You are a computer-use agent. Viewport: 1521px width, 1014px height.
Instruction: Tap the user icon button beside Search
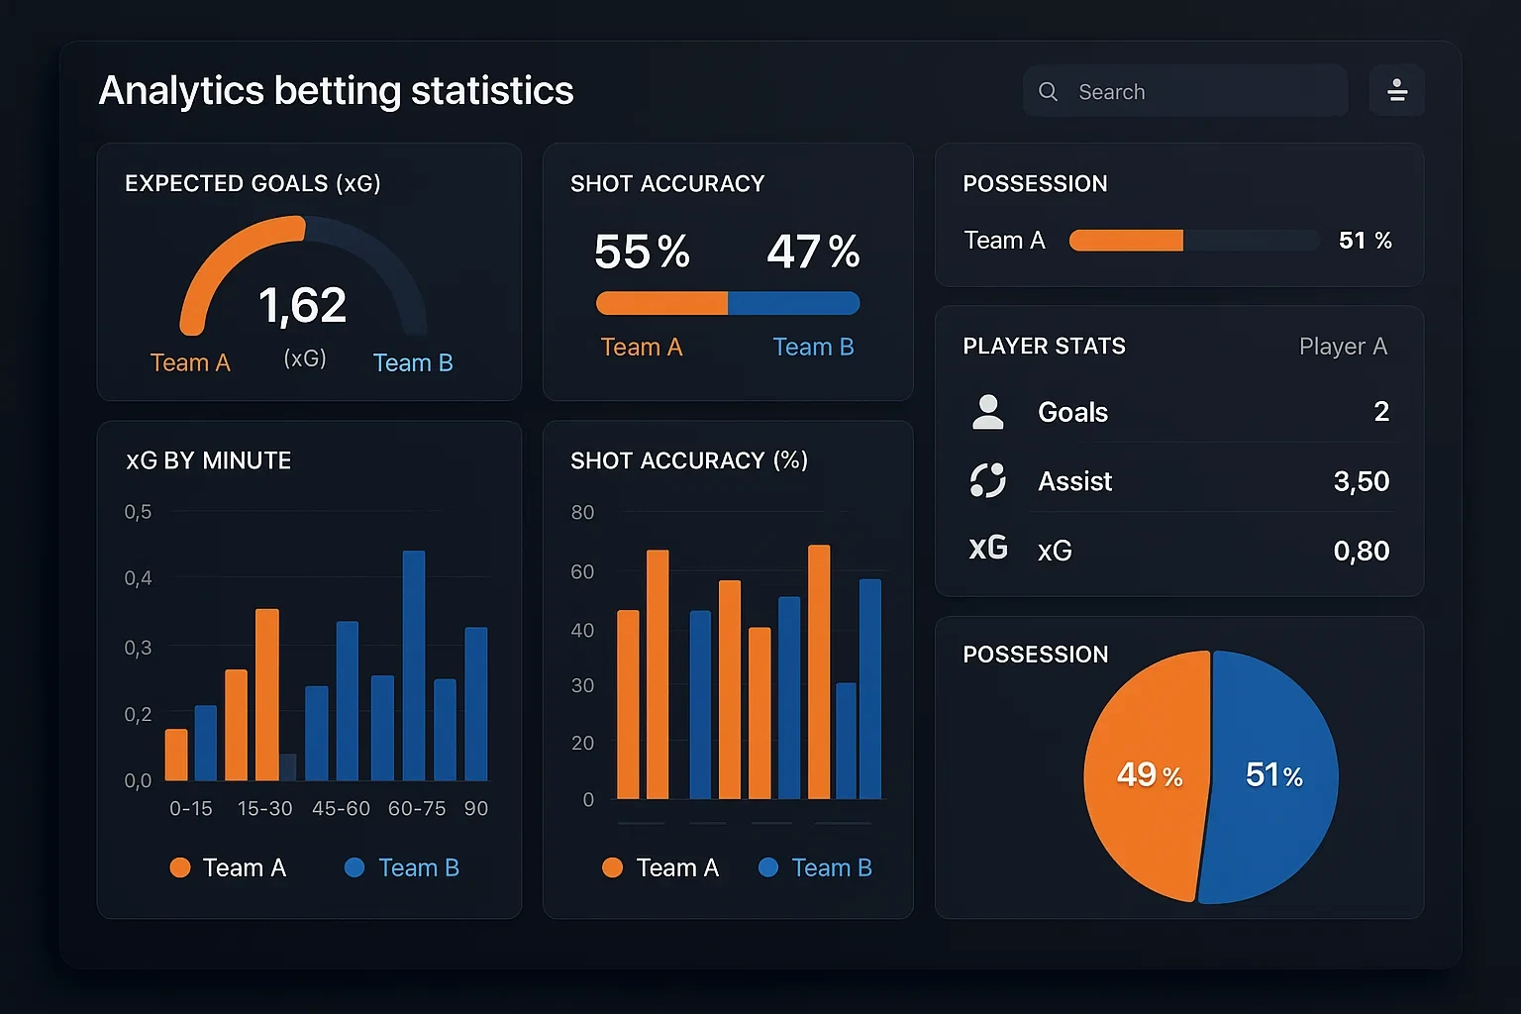coord(1396,91)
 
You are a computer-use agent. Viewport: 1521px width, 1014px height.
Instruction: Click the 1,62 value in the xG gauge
coord(302,305)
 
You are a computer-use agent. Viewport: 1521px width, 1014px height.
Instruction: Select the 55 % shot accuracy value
coord(642,252)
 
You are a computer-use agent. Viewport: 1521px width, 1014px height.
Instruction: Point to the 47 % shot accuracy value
coord(813,252)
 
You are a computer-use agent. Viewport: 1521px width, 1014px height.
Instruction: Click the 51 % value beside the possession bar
coord(1365,241)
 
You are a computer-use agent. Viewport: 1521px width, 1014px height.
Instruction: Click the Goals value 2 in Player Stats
coord(1381,412)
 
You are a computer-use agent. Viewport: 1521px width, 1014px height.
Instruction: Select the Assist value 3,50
coord(1361,481)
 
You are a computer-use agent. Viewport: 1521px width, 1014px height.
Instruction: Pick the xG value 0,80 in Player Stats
coord(1361,551)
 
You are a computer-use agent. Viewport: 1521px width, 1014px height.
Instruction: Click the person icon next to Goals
coord(987,412)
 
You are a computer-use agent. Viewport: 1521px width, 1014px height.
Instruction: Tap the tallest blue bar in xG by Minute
coord(414,663)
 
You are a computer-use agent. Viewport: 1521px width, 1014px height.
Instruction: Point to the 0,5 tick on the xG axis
coord(138,512)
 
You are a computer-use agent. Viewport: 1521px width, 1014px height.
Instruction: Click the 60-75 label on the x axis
coord(417,809)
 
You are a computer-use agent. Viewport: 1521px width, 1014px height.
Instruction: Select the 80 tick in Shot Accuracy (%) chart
coord(582,512)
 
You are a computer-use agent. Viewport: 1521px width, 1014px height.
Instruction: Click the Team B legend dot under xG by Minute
coord(355,867)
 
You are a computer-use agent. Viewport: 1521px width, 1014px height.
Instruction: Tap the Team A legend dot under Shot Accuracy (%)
coord(612,867)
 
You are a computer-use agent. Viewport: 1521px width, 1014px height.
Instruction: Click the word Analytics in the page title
coord(181,91)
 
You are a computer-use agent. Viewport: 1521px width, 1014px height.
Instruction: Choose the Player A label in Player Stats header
coord(1343,347)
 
